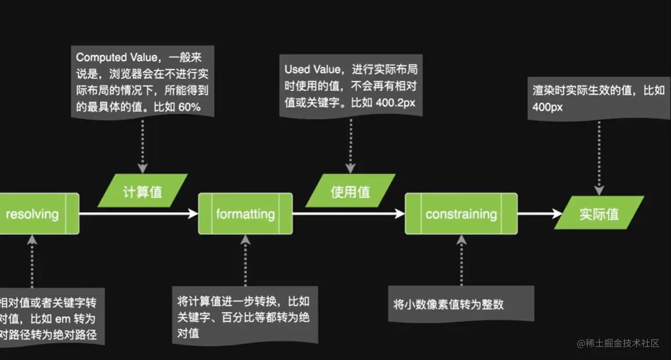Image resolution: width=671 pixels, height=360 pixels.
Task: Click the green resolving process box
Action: [36, 214]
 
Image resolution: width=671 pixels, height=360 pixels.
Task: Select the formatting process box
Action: [245, 214]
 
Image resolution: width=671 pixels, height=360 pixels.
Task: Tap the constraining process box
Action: [461, 214]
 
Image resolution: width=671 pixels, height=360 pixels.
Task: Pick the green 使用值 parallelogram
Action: [350, 192]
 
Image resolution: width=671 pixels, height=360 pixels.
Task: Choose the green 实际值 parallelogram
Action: [599, 214]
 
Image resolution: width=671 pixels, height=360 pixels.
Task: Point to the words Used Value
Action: [312, 70]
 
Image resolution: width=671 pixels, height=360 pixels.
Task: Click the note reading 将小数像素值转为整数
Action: [448, 304]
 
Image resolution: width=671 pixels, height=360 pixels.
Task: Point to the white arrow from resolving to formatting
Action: [139, 214]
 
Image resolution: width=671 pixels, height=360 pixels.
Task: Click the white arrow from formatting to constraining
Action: [349, 214]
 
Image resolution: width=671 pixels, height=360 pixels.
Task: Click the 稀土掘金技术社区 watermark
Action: [618, 344]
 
